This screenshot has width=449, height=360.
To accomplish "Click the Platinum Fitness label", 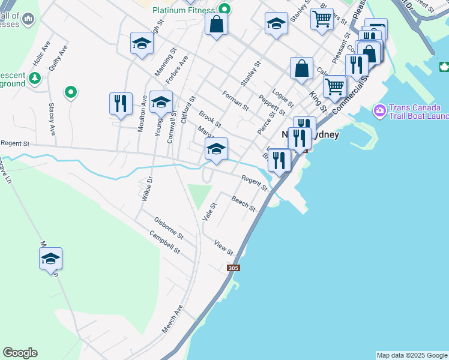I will point(183,10).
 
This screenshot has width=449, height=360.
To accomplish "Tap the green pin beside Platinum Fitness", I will point(224,9).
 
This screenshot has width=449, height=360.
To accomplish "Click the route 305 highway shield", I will point(234,268).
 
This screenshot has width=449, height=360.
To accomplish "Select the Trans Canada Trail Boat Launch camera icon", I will point(379,110).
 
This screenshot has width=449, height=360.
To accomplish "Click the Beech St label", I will point(244,204).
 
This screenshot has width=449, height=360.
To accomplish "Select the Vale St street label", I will point(209,211).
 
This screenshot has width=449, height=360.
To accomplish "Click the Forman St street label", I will point(235,100).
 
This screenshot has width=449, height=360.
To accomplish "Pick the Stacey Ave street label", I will point(52,118).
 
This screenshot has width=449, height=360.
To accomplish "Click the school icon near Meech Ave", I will point(51,259).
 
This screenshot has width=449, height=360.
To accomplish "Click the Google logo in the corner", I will point(20,353).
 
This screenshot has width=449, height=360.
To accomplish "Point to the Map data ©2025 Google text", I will point(412,355).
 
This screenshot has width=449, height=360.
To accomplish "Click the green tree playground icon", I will point(35,77).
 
